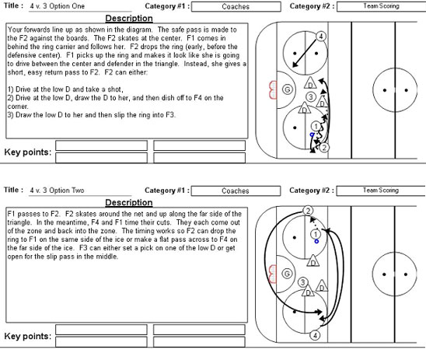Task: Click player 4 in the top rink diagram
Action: point(320,37)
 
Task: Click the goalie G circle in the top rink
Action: point(287,89)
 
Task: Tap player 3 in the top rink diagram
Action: point(310,97)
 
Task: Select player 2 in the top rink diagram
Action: point(324,146)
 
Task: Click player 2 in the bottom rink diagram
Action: point(308,211)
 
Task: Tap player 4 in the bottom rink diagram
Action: point(315,335)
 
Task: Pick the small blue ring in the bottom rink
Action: point(316,242)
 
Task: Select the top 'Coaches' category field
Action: point(234,6)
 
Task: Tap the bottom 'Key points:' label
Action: point(28,336)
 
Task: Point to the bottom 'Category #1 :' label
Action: point(164,190)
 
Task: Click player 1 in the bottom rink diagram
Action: point(315,233)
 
